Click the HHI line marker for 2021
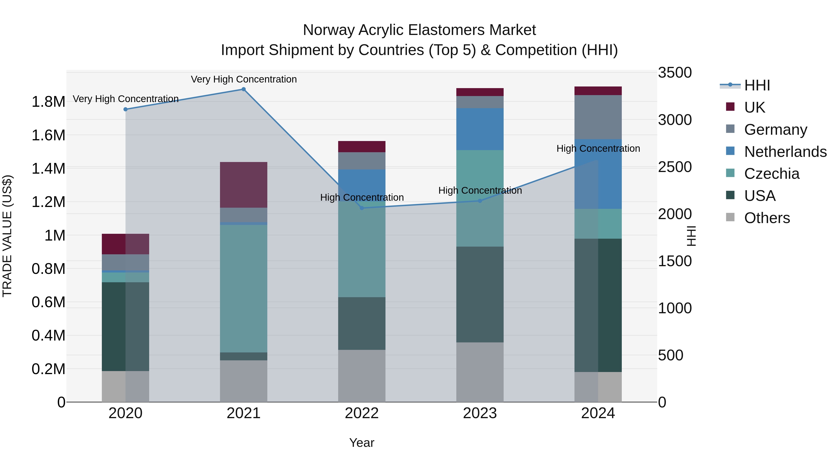click(x=243, y=89)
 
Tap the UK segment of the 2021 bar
click(x=243, y=185)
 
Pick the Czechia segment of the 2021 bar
click(x=243, y=288)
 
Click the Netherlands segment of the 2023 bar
click(x=480, y=129)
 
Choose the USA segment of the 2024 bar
click(x=598, y=305)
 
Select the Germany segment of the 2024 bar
click(x=598, y=117)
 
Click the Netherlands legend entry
click(x=785, y=152)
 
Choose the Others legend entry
click(x=767, y=218)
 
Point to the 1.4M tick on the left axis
click(x=48, y=169)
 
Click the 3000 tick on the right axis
click(x=674, y=120)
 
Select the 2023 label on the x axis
click(x=480, y=413)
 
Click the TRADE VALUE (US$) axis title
click(x=7, y=236)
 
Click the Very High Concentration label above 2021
click(x=244, y=79)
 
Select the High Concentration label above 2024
click(x=598, y=148)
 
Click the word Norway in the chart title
click(x=329, y=30)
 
